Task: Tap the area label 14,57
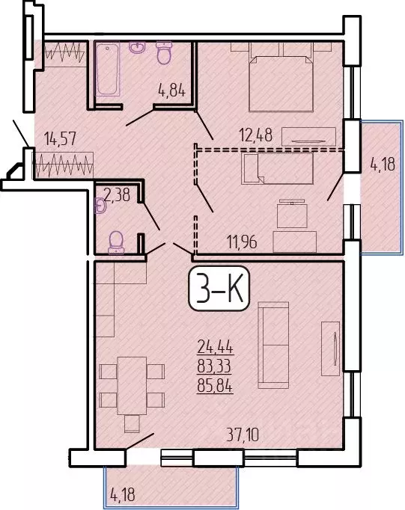pos(61,138)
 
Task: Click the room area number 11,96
pos(244,242)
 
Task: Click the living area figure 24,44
pos(215,346)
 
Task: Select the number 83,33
pos(215,366)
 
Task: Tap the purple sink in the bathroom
pos(137,49)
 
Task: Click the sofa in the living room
pos(274,344)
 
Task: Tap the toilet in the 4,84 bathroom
pos(164,52)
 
